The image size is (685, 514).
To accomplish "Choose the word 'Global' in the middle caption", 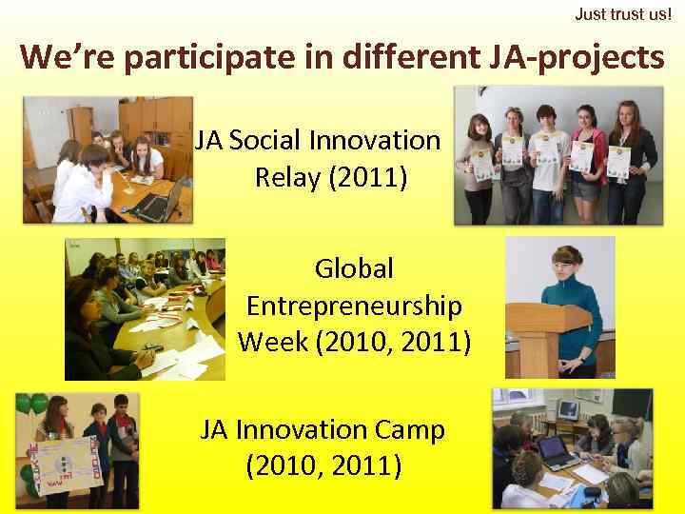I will pyautogui.click(x=354, y=269).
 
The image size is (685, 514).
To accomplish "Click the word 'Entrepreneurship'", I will pyautogui.click(x=354, y=306).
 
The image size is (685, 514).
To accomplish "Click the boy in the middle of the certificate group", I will pyautogui.click(x=546, y=162).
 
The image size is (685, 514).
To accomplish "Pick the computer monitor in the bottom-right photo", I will pyautogui.click(x=568, y=410).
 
